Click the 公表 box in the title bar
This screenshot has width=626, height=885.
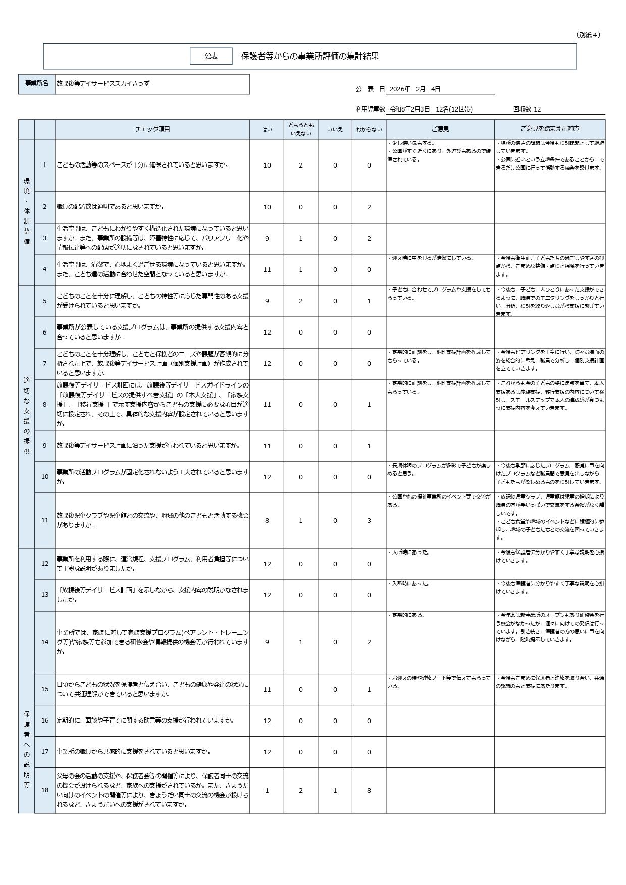click(211, 56)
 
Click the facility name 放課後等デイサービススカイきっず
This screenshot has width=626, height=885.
click(103, 84)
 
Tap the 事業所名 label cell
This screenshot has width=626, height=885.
click(37, 84)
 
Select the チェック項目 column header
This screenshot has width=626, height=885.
click(152, 129)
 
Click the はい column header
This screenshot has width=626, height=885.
click(267, 129)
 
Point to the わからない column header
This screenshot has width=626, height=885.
click(369, 129)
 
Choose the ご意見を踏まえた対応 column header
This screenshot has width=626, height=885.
click(550, 129)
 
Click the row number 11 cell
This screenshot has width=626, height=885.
click(45, 520)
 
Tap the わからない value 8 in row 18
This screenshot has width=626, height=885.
click(369, 791)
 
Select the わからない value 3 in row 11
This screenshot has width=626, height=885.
click(369, 520)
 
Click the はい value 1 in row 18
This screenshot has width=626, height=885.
click(267, 791)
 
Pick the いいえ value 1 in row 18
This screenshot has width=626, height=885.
click(335, 791)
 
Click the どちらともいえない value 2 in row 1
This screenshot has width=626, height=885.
click(301, 165)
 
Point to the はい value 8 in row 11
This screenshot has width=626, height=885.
click(267, 520)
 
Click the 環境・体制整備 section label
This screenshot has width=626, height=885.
click(27, 211)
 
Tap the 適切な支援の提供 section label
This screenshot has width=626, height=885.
click(27, 416)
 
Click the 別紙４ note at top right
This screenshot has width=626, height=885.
click(588, 35)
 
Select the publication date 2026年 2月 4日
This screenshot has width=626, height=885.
click(415, 89)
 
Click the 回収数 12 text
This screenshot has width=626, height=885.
click(527, 109)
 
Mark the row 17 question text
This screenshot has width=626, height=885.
click(133, 752)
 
